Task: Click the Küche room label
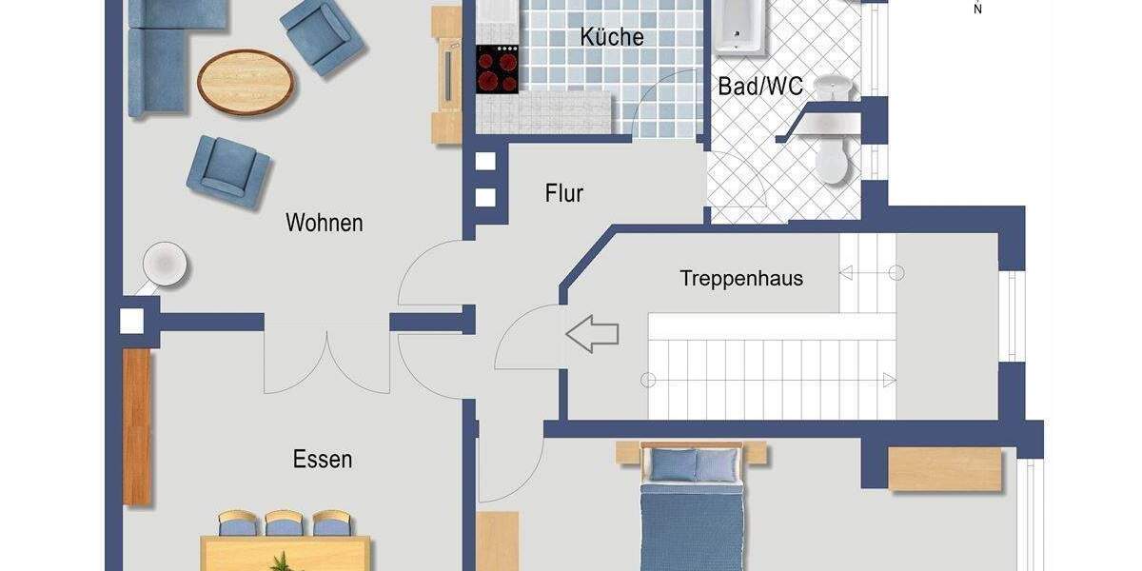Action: point(612,37)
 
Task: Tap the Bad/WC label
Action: point(760,87)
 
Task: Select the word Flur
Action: point(564,194)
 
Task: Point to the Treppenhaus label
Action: point(741,279)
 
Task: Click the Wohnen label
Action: point(325,224)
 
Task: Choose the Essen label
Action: point(323,460)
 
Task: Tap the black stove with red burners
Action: point(496,69)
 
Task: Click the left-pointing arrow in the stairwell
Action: point(592,334)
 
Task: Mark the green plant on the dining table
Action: point(282,561)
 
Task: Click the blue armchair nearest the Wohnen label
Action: point(228,170)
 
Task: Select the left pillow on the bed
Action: point(673,465)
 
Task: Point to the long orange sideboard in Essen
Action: point(137,427)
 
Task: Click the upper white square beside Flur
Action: point(485,160)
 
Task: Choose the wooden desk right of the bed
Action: point(945,469)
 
